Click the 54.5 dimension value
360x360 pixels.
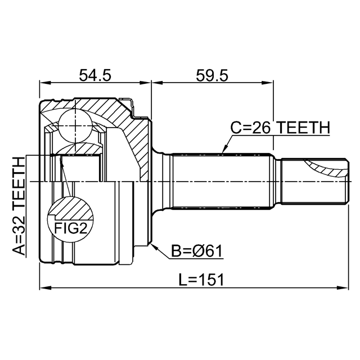pyautogui.click(x=95, y=75)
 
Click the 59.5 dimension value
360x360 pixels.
pyautogui.click(x=212, y=75)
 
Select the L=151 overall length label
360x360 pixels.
pyautogui.click(x=201, y=280)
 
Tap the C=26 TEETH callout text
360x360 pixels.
pyautogui.click(x=280, y=128)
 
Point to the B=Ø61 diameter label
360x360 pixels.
pyautogui.click(x=197, y=251)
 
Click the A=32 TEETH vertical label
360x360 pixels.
pyautogui.click(x=19, y=206)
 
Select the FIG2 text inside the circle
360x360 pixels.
pyautogui.click(x=71, y=228)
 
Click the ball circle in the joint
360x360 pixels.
pyautogui.click(x=75, y=126)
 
